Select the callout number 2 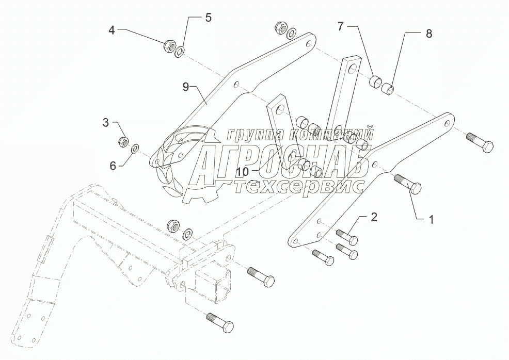coord(374,217)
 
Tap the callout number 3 coord(106,123)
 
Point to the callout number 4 coord(112,30)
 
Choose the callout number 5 coord(208,18)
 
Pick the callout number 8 coord(428,34)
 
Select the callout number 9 coord(186,87)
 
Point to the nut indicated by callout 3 coord(124,140)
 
